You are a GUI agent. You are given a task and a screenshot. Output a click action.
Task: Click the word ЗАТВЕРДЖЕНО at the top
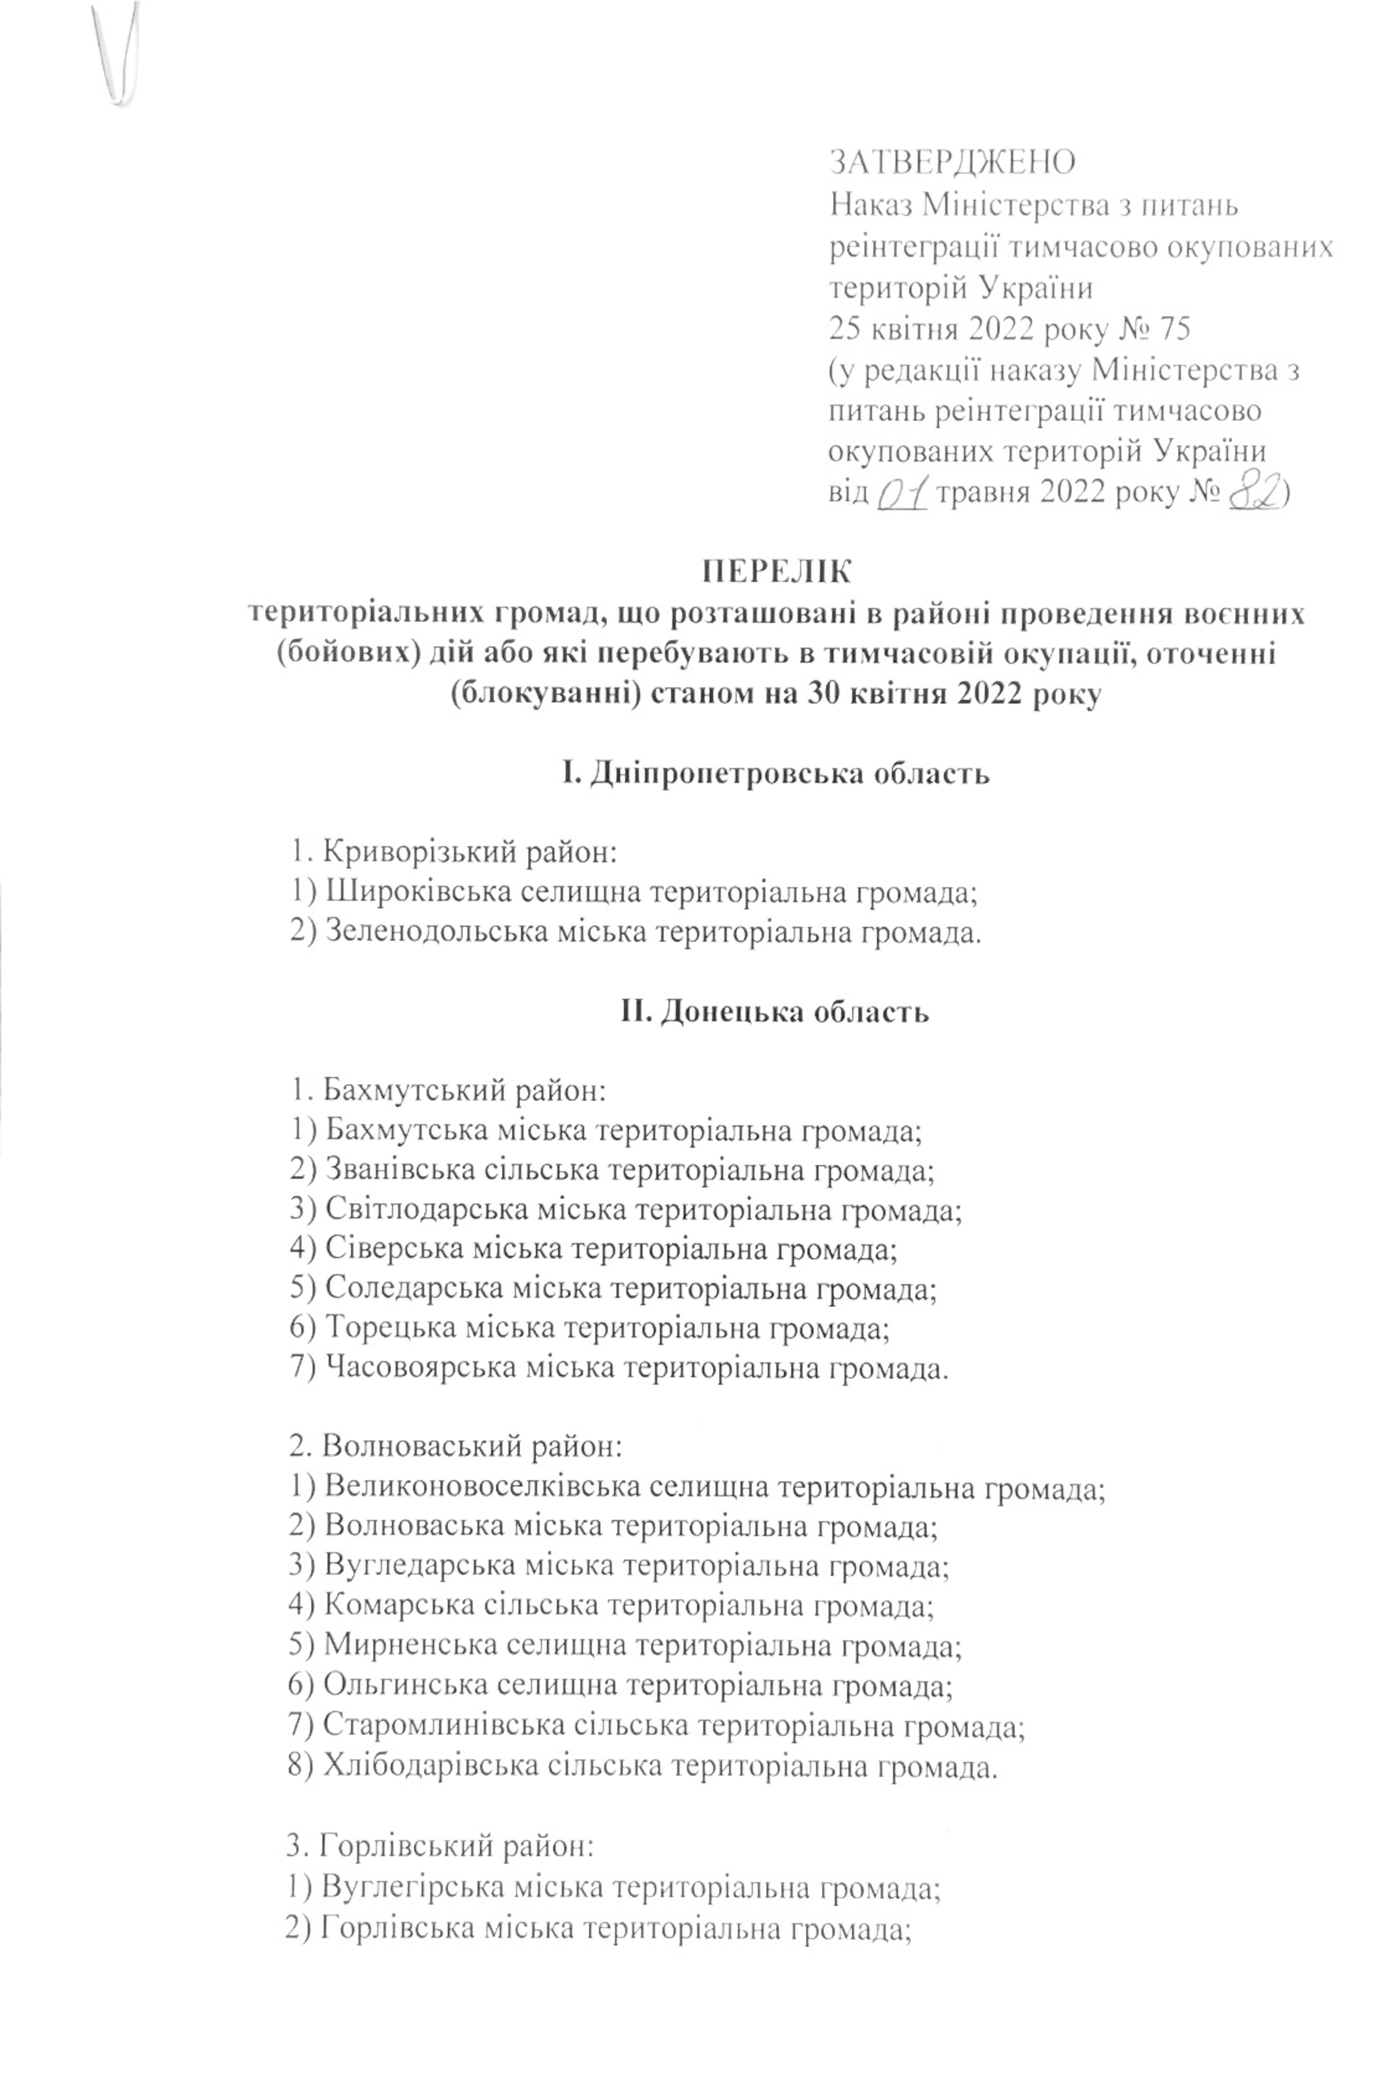952,162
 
